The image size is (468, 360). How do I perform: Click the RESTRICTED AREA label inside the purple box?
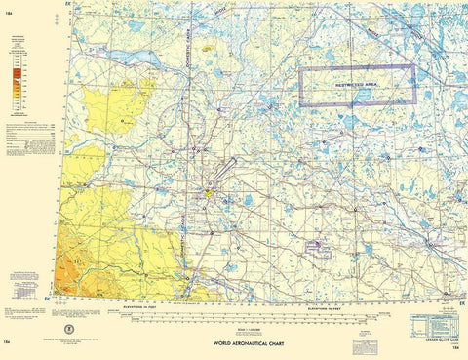pyautogui.click(x=357, y=86)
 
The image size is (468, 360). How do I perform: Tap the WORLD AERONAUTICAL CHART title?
pyautogui.click(x=243, y=345)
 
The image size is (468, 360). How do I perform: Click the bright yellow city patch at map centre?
pyautogui.click(x=208, y=194)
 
